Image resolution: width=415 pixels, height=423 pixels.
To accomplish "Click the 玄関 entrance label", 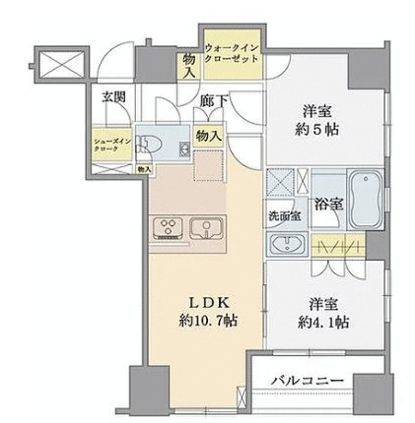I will tap(112, 96).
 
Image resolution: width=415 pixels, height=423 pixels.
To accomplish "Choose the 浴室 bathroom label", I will tap(328, 204).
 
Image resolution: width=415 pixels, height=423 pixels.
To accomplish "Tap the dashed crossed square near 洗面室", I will tap(281, 184).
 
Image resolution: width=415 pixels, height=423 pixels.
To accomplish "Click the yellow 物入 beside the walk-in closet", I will tap(187, 64).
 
